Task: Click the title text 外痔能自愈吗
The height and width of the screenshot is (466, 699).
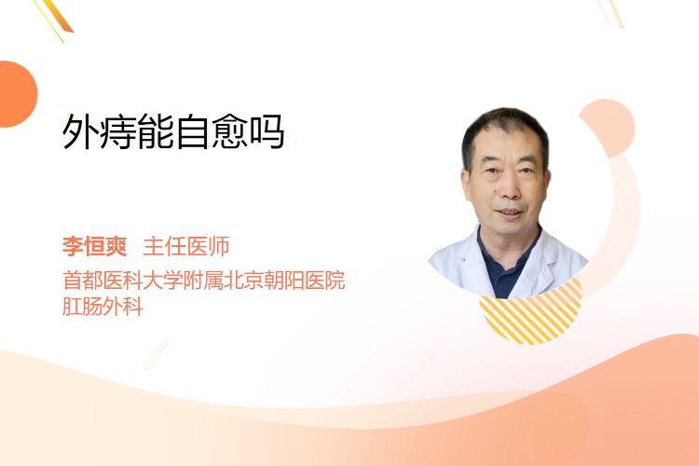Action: pos(173,131)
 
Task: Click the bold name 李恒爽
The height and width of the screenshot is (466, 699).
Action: pos(94,247)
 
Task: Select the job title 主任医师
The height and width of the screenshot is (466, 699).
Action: pos(186,247)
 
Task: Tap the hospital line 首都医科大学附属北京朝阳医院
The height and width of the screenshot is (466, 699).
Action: pos(204,281)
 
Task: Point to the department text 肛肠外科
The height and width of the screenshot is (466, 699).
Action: pos(103,307)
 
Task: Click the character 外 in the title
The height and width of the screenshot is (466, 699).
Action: pos(80,131)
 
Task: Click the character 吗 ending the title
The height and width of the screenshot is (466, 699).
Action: pos(267,131)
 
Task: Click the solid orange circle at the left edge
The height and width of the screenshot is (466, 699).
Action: pos(17,94)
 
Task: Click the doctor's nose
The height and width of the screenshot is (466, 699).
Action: pos(508,188)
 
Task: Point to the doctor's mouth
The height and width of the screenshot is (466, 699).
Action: pos(509,212)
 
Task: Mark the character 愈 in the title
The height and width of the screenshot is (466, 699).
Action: pos(230,131)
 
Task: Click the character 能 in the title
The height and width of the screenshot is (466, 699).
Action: pos(155,131)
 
